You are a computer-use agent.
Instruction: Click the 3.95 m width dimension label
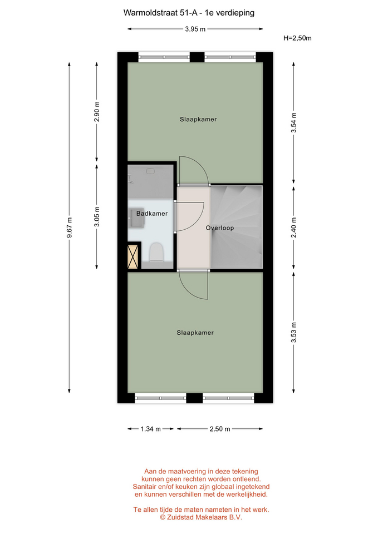coord(195,29)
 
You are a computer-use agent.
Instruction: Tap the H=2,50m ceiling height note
coord(297,38)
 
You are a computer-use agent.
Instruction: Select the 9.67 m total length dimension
coord(69,228)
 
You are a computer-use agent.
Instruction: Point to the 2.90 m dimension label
coord(97,111)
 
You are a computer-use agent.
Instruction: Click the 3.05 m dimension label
coord(97,216)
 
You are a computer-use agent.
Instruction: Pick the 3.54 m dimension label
coord(294,122)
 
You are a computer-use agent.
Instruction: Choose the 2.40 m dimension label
coord(294,228)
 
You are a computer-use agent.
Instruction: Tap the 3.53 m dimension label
coord(294,333)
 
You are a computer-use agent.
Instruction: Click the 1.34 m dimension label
coord(151,429)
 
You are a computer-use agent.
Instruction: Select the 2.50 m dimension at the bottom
coord(220,429)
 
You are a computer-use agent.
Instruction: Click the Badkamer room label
coord(152,214)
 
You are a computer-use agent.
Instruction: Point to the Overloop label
coord(220,228)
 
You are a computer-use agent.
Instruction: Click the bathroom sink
coord(137,217)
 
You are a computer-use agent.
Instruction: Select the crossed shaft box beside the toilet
coord(133,256)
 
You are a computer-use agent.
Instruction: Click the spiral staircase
coord(237,227)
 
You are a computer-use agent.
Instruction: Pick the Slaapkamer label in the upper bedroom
coord(198,120)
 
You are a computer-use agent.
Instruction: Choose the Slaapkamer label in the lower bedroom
coord(195,333)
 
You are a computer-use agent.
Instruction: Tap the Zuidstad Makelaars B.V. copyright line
coord(201,517)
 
